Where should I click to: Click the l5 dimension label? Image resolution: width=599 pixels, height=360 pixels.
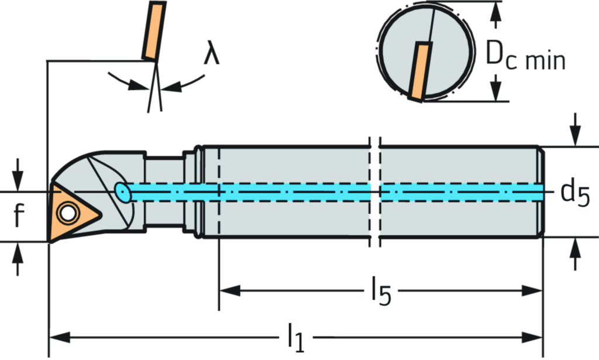tap(381, 292)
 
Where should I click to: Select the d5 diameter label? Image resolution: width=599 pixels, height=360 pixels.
tap(575, 193)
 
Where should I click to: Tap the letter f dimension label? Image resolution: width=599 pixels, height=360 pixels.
tap(18, 215)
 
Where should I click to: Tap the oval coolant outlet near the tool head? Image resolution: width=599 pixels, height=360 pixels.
tap(122, 191)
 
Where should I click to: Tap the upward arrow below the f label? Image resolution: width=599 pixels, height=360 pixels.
tap(18, 258)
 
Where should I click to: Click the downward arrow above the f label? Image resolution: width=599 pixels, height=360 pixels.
tap(18, 172)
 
